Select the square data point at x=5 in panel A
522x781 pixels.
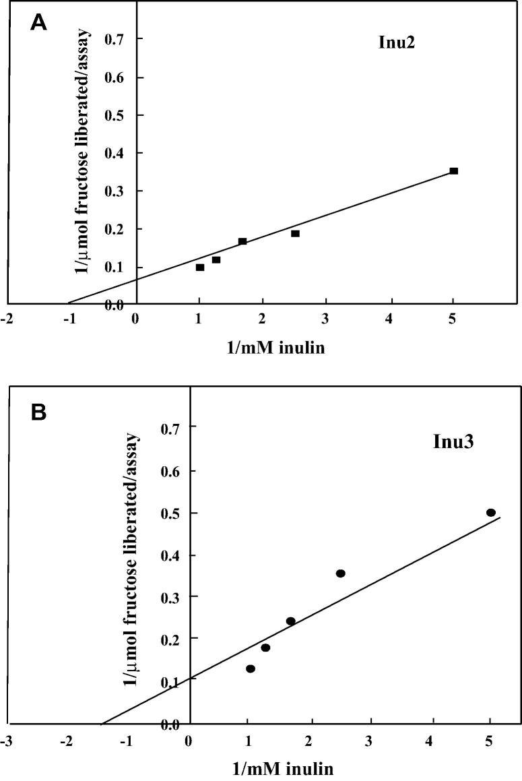[x=454, y=171]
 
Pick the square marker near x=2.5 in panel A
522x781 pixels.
[x=295, y=234]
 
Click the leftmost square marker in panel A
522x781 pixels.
[x=200, y=268]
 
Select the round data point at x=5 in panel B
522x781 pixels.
[x=491, y=513]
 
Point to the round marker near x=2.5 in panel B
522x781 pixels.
[x=341, y=573]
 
